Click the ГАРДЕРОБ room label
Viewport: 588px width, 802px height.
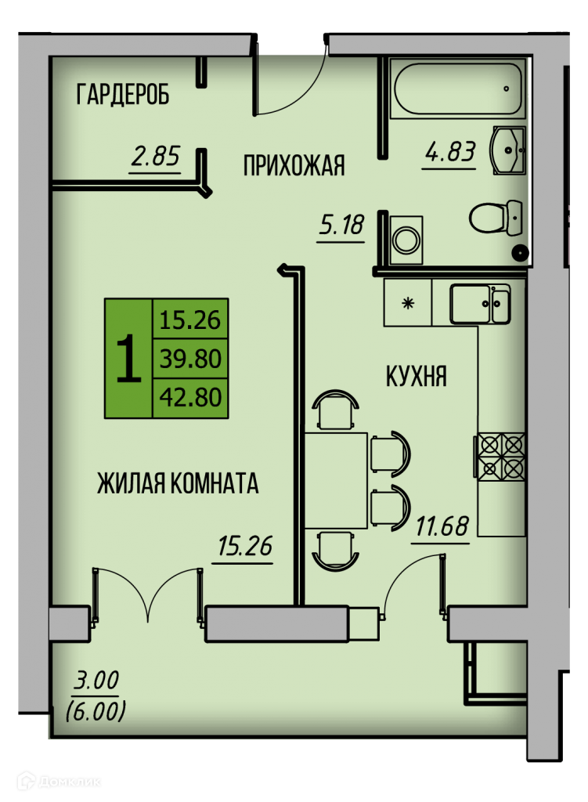(123, 95)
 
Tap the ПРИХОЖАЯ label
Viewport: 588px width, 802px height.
(294, 165)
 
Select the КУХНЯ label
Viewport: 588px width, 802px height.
(416, 376)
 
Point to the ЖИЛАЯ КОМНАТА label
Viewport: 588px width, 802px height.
(178, 483)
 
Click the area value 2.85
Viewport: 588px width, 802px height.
(156, 156)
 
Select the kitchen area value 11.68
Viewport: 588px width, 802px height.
(442, 526)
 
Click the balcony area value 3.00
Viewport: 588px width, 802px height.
(97, 680)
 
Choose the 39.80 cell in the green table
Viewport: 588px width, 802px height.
(190, 359)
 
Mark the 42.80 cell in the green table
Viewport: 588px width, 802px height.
(190, 398)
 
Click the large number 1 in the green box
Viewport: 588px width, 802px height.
(129, 358)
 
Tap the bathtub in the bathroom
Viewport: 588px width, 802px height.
(458, 89)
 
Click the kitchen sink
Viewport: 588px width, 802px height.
(478, 304)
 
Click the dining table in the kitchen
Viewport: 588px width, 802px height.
(336, 479)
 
